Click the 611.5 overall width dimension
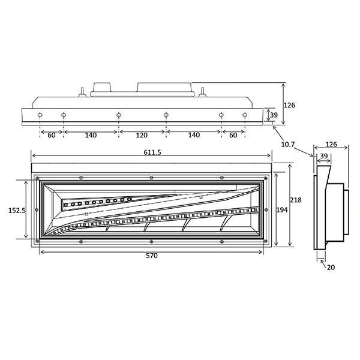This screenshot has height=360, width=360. (152, 152)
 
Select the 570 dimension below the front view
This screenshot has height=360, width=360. (152, 256)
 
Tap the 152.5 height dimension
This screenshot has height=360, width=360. (17, 211)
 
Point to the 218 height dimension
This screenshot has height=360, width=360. (296, 200)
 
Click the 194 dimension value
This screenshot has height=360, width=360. (282, 209)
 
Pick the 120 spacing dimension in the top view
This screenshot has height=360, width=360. (142, 135)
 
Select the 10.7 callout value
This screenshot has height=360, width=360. (287, 145)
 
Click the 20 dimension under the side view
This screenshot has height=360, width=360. (331, 267)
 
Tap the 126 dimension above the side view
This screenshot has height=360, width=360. (331, 144)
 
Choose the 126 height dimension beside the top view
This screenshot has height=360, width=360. (289, 105)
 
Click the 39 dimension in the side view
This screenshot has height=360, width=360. (324, 156)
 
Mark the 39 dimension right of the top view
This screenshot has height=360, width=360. (274, 115)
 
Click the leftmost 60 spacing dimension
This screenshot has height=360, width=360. (52, 135)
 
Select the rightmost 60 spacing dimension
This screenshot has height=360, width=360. (233, 135)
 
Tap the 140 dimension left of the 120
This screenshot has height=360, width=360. (91, 135)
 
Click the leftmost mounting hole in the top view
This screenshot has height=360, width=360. (40, 115)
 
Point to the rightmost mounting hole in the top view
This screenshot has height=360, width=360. (245, 115)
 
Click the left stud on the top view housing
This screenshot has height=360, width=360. (82, 92)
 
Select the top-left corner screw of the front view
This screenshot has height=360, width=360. (37, 178)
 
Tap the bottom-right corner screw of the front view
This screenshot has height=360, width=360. (266, 241)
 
